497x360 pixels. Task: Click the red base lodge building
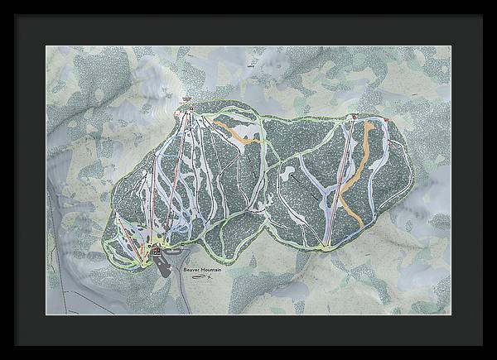coord(157,248)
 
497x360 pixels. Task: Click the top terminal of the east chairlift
coord(354,118)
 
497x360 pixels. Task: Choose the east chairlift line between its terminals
coord(341,182)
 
